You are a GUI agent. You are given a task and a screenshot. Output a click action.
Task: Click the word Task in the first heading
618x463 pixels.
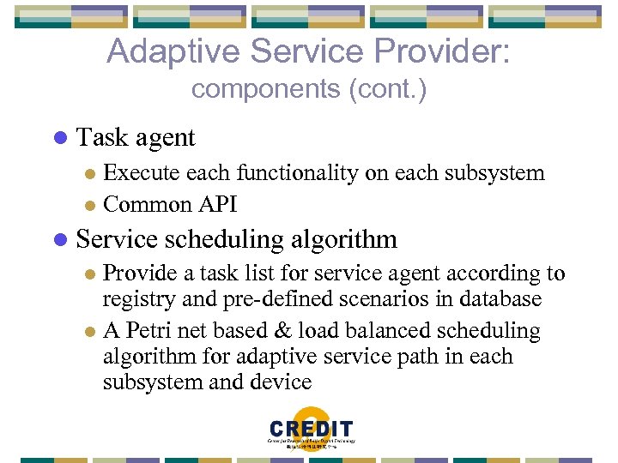click(x=101, y=137)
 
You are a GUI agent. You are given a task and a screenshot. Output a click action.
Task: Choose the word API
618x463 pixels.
click(x=219, y=204)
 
